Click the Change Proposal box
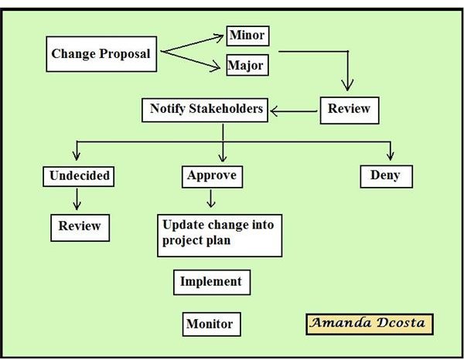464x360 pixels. (101, 54)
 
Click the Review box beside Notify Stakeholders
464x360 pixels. (350, 109)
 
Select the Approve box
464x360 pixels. (211, 176)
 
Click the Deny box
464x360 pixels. (386, 176)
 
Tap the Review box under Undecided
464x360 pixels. (80, 226)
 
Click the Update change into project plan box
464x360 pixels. (219, 235)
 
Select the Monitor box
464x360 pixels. (209, 324)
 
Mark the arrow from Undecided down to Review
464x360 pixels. (76, 199)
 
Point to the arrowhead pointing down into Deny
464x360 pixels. (390, 157)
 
